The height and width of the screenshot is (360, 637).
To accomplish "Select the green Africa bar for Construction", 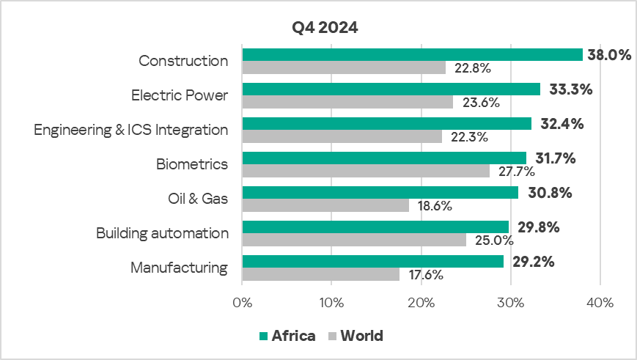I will (412, 54).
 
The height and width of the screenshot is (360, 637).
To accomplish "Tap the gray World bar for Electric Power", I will (347, 102).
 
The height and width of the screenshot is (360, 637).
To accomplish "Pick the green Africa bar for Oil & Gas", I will (380, 192).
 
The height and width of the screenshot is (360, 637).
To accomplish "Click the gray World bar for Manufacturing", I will (320, 274).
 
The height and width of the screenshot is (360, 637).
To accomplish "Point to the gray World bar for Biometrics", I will (366, 171).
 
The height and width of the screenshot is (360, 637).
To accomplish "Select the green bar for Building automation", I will (375, 227).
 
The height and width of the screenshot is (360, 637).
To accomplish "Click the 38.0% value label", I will (609, 55).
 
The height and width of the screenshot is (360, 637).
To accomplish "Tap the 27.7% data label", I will (516, 172).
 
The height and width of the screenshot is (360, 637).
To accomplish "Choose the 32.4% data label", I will (561, 124).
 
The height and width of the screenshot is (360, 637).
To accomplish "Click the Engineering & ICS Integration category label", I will (131, 130).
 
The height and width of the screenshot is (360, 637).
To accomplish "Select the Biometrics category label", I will (192, 164).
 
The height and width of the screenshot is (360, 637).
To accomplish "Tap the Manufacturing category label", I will (179, 268).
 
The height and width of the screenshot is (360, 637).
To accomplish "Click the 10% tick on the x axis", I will (331, 301).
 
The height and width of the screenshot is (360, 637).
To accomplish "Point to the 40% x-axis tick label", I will (600, 301).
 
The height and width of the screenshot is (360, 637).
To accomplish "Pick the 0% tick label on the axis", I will (242, 301).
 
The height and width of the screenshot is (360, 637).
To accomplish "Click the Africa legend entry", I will (287, 336).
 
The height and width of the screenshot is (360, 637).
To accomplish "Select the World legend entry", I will (356, 336).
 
